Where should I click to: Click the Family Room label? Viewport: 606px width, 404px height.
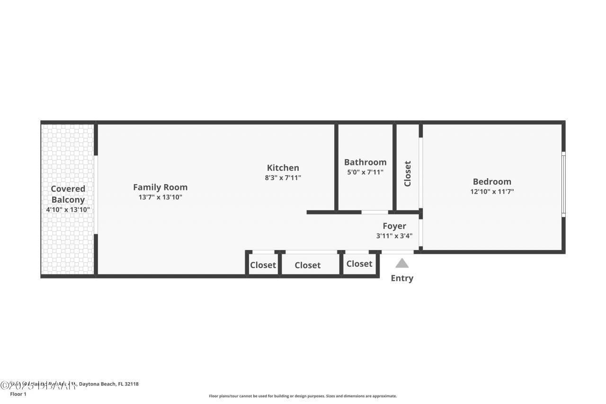point(160,187)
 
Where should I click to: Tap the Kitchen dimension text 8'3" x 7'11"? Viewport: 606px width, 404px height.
point(283,178)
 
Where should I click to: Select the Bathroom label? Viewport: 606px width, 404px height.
point(365,162)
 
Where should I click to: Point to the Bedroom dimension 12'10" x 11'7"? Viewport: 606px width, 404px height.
point(492,191)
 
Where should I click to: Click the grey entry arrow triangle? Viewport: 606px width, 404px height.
point(402,263)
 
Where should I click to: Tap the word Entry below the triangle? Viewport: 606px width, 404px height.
point(402,278)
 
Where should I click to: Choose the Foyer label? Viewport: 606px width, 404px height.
point(394,226)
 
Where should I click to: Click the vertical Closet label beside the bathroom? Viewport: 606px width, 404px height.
point(408,173)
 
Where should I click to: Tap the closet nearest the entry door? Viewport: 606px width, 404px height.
point(359,263)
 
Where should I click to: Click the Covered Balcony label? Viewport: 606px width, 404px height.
point(68,194)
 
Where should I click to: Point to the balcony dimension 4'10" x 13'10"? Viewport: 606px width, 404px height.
point(68,209)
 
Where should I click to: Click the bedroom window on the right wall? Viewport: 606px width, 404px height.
point(563,184)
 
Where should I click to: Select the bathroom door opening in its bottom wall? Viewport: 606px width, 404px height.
point(374,212)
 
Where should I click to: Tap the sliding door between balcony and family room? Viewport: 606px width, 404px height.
point(96,194)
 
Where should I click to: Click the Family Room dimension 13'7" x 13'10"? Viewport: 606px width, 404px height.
point(160,197)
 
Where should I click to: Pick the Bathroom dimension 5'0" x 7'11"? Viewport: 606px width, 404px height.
point(365,172)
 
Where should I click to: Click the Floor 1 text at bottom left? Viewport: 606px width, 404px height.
point(18,394)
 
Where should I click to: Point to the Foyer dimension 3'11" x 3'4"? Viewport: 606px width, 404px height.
point(394,235)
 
